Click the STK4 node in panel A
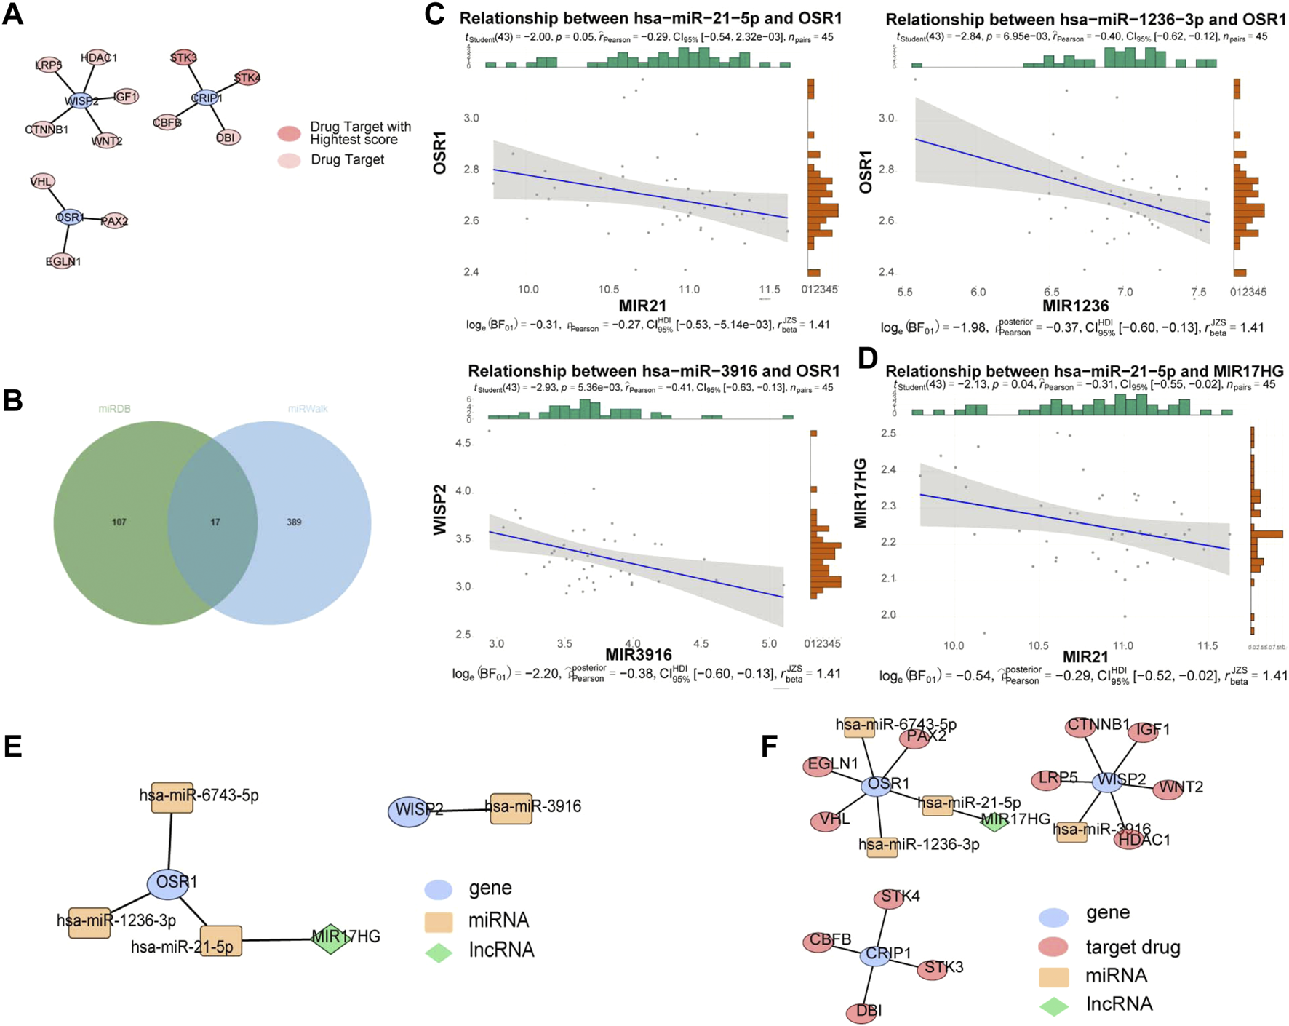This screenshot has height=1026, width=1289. click(247, 78)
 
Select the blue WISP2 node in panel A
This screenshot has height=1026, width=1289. click(81, 100)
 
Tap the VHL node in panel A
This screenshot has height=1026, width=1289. click(42, 181)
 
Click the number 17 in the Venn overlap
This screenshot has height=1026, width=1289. click(215, 522)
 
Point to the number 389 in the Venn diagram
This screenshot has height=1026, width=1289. click(294, 522)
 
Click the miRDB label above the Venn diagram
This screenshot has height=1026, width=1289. click(114, 409)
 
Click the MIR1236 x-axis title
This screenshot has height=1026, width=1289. click(1075, 306)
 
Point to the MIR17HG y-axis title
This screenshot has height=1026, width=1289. click(861, 493)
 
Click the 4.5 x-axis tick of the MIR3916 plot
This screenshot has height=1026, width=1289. click(701, 644)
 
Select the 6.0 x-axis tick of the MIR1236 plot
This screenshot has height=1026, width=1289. click(978, 292)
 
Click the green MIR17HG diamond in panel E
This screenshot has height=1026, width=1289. click(330, 938)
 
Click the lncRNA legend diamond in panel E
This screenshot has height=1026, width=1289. click(439, 953)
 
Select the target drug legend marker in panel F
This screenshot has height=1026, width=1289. click(1053, 947)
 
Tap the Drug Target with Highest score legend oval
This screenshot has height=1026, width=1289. click(290, 133)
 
